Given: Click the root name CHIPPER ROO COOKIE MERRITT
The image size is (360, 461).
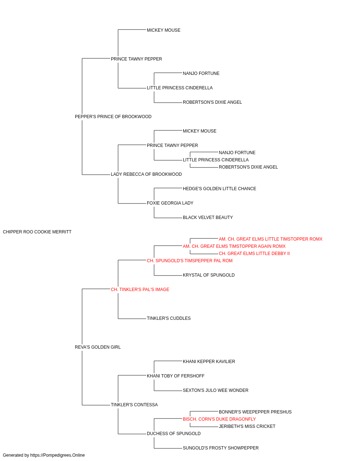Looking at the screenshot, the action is (37, 232).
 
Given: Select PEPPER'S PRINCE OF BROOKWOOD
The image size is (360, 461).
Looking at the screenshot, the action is (113, 117).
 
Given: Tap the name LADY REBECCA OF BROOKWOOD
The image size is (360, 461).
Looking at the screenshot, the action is (146, 174).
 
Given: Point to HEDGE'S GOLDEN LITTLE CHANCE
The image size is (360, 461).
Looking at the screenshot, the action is (220, 189).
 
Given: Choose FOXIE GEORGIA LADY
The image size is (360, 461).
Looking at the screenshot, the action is (170, 203).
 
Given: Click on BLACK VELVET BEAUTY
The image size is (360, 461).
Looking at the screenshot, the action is (208, 218).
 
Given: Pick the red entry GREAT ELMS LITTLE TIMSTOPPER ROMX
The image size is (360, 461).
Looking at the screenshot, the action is (270, 239).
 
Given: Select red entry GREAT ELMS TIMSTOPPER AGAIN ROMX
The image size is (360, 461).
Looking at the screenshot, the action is (234, 246).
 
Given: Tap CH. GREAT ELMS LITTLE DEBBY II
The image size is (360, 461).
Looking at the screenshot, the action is (254, 254).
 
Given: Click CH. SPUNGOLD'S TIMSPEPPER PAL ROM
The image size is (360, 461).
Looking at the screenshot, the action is (190, 261).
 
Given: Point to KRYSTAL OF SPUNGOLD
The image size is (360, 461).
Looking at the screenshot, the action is (209, 275).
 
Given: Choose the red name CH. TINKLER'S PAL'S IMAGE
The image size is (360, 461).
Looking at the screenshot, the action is (140, 290).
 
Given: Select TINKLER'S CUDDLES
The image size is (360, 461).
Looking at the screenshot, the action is (169, 318).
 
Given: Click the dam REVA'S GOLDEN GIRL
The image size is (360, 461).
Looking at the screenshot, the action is (98, 347).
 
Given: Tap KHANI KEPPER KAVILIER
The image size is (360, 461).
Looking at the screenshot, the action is (209, 362).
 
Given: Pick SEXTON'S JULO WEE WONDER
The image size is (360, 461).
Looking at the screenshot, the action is (215, 390).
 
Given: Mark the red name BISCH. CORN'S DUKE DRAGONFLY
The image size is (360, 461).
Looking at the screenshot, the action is (219, 420).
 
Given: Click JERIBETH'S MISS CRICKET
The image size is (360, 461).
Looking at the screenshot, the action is (247, 427).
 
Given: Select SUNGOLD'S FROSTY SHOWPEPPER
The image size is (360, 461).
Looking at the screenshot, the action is (221, 448).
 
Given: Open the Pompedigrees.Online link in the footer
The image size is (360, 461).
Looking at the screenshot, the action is (57, 456).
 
